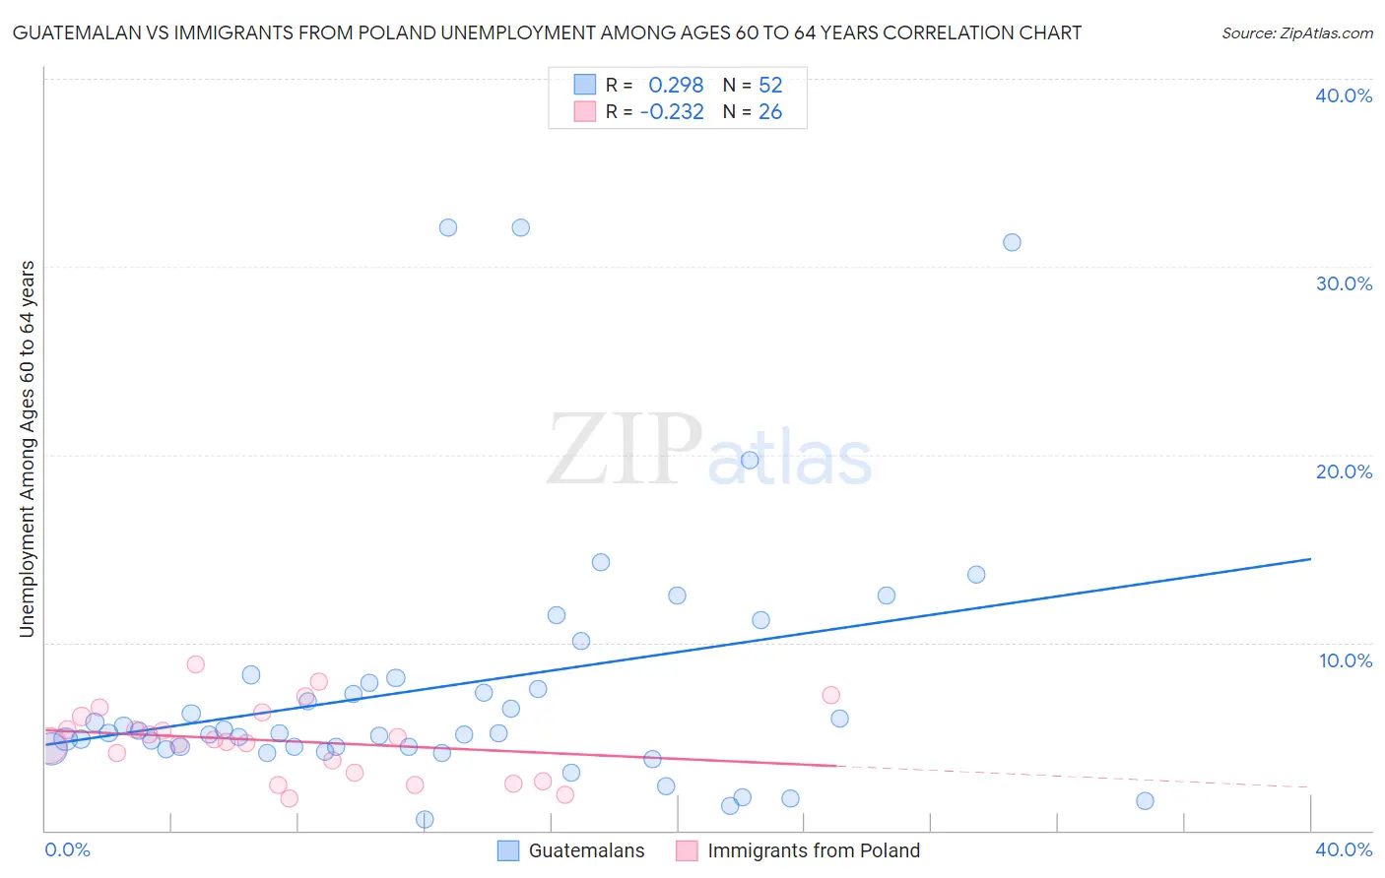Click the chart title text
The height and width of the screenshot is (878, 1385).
tap(547, 32)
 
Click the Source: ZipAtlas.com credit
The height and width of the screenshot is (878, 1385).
tap(1296, 32)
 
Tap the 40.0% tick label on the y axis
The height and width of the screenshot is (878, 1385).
tap(1344, 95)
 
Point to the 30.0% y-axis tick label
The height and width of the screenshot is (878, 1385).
tap(1344, 283)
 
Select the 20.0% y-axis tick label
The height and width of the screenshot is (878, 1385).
tap(1344, 471)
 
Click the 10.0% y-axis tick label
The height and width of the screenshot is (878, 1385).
tap(1346, 660)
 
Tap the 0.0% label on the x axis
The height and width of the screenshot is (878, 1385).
tap(67, 849)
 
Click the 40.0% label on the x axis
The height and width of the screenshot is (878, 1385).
tap(1344, 849)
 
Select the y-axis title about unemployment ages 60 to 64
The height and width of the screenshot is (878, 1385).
tap(27, 448)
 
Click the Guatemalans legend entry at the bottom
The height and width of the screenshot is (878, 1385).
tap(586, 850)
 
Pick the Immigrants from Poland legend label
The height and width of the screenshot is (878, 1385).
tap(813, 850)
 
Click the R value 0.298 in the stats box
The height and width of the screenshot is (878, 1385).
tap(676, 86)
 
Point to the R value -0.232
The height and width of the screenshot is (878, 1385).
tap(672, 112)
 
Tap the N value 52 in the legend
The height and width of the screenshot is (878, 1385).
tap(770, 86)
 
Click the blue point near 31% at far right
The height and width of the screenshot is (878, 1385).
tap(1012, 242)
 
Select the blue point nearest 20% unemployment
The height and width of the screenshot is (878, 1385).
tap(750, 460)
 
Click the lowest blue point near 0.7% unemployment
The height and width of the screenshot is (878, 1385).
tap(425, 819)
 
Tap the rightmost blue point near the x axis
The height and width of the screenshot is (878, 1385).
tap(1145, 801)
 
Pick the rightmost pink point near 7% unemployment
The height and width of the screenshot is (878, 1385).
tap(830, 695)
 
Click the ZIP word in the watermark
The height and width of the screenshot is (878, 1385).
tap(625, 451)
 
